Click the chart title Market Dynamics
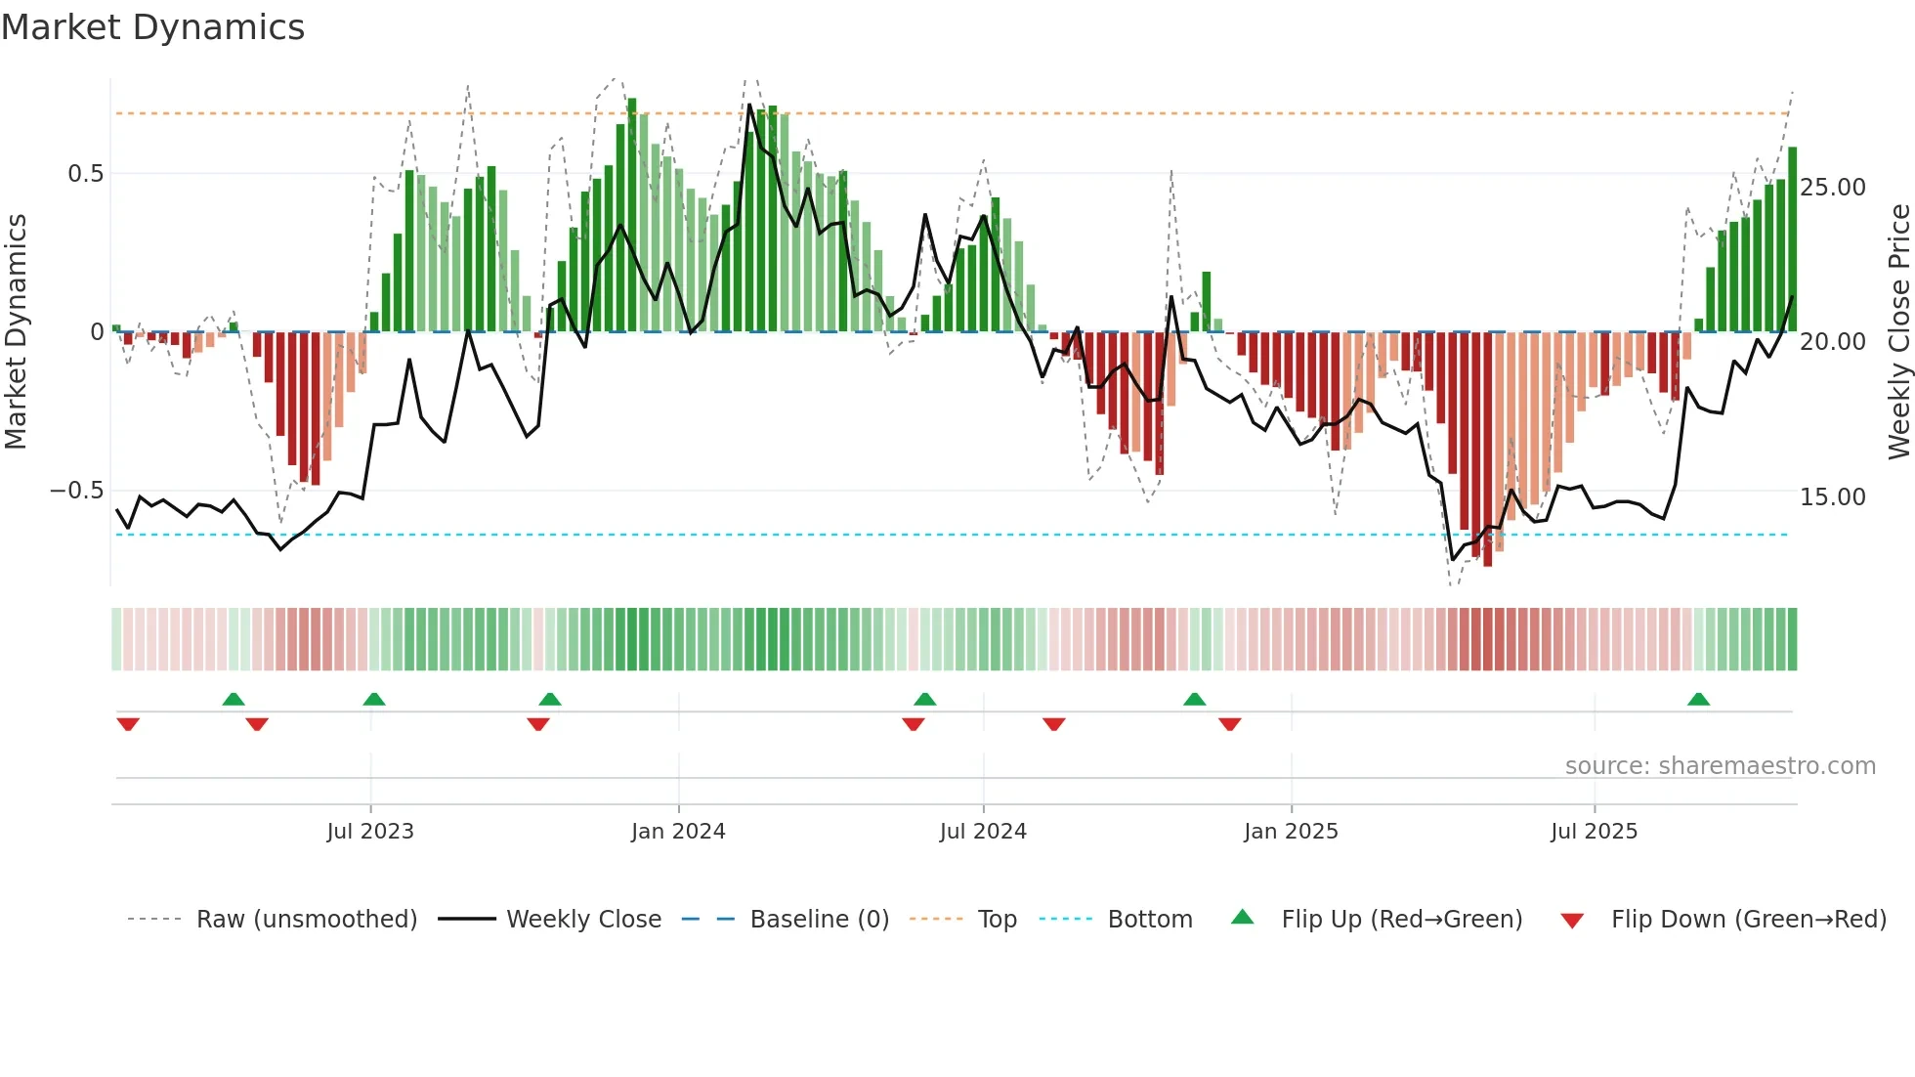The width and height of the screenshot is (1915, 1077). point(152,27)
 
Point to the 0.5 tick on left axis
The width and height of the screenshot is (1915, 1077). point(85,174)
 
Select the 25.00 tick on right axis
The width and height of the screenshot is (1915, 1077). point(1832,187)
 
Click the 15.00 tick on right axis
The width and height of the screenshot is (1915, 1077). point(1832,496)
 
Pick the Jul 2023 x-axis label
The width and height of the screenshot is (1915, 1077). point(370,832)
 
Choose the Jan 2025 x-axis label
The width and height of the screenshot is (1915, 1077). point(1291,832)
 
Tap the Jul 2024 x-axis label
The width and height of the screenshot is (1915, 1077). point(983,832)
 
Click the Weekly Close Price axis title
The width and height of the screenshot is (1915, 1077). point(1898,332)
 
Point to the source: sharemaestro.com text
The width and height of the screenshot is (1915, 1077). point(1720,766)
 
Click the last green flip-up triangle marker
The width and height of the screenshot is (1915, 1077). point(1698,700)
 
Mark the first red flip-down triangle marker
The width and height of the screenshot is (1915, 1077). point(128,724)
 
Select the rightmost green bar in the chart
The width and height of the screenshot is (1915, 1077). point(1792,239)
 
